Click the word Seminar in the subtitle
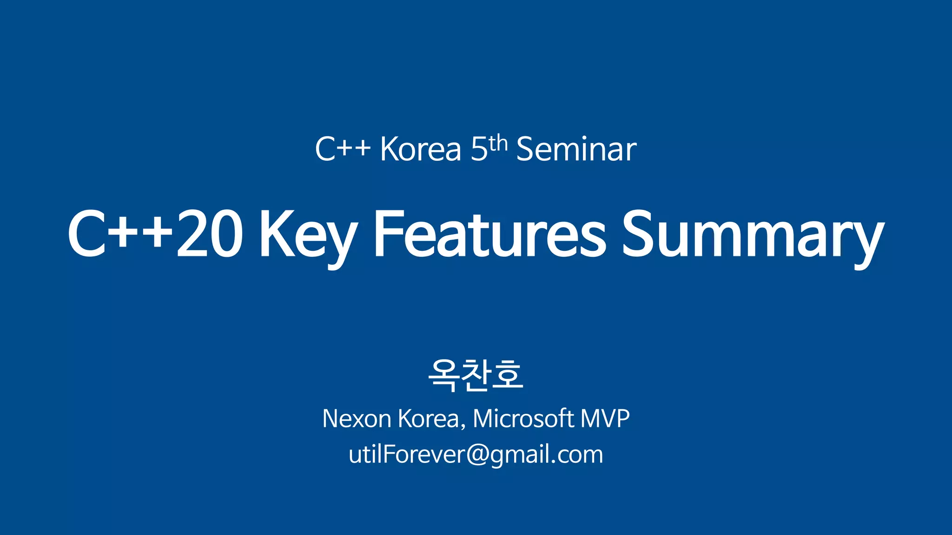[x=576, y=150]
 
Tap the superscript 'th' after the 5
[x=498, y=144]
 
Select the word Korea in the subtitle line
[x=421, y=150]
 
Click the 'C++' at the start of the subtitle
[x=343, y=150]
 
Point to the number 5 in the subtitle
[x=479, y=150]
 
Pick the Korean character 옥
[x=444, y=375]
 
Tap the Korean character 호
[x=508, y=375]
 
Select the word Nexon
[x=357, y=418]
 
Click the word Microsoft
[x=523, y=418]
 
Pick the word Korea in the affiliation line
[x=429, y=418]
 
